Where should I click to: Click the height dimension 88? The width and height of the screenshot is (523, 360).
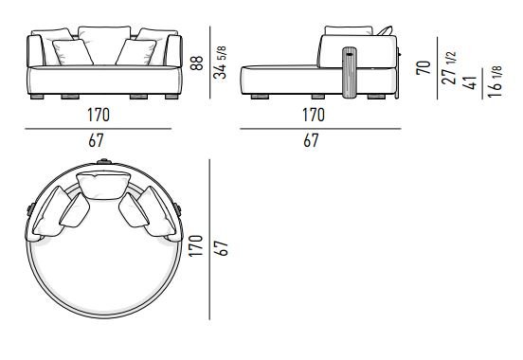point(197,63)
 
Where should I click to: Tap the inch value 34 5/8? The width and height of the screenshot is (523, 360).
point(220,63)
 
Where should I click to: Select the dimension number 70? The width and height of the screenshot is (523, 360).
point(424,67)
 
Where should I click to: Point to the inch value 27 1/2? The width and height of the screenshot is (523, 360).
point(448,67)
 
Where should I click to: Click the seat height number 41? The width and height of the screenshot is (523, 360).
point(470,82)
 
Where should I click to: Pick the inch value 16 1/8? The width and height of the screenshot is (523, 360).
point(495,81)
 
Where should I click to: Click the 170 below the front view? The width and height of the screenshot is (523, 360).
point(99,115)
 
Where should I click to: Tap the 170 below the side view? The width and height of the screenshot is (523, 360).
point(314,115)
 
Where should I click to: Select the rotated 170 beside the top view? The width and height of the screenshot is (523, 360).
point(196,245)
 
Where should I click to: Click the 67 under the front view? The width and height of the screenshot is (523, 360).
point(96,140)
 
